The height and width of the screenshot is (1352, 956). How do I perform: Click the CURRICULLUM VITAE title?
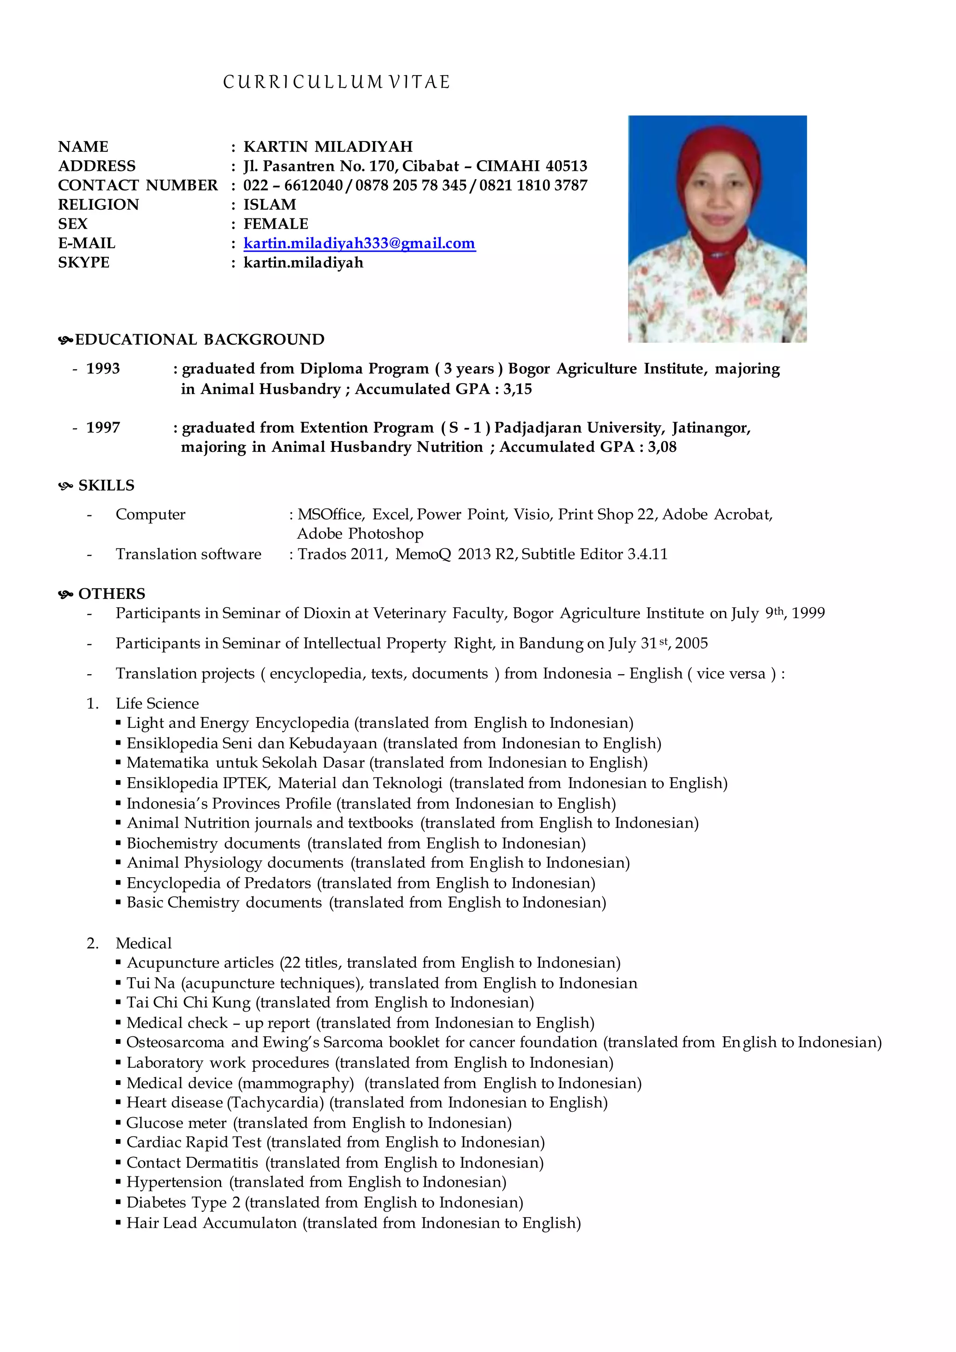coord(336,82)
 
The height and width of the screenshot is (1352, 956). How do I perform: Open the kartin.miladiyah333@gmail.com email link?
coord(359,243)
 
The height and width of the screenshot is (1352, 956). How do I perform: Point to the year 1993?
coord(103,369)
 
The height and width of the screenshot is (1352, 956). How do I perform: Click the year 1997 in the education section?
coord(103,428)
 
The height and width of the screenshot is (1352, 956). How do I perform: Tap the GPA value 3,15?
coord(517,389)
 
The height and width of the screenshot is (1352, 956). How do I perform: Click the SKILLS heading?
coord(106,486)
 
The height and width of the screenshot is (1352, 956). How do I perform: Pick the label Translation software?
coord(189,554)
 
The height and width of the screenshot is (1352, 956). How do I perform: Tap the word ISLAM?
coord(270,205)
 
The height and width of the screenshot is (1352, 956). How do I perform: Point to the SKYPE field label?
coord(84,263)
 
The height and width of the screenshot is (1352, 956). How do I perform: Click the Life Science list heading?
coord(157,704)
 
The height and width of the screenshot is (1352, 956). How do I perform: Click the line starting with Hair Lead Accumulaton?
coord(353,1223)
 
